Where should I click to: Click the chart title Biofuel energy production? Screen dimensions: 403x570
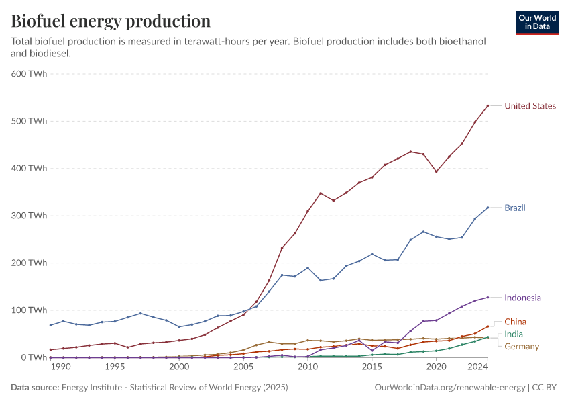pyautogui.click(x=111, y=21)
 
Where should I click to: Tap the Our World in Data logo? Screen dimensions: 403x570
pyautogui.click(x=537, y=22)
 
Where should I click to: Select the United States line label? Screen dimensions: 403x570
pyautogui.click(x=530, y=106)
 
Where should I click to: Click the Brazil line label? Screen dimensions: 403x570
pyautogui.click(x=515, y=208)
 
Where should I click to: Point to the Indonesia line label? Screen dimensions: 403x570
pyautogui.click(x=522, y=298)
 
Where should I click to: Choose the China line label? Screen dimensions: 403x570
pyautogui.click(x=515, y=322)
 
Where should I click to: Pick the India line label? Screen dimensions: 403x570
pyautogui.click(x=514, y=334)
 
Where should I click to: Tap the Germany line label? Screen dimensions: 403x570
pyautogui.click(x=521, y=346)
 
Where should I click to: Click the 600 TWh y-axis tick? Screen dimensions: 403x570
pyautogui.click(x=30, y=74)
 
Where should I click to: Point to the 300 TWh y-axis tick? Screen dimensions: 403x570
pyautogui.click(x=30, y=216)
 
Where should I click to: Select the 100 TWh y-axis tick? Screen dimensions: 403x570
pyautogui.click(x=30, y=310)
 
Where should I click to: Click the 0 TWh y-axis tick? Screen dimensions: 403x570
pyautogui.click(x=34, y=357)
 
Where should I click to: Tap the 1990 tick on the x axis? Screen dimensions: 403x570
pyautogui.click(x=60, y=367)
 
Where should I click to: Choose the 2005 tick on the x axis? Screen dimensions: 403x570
pyautogui.click(x=243, y=367)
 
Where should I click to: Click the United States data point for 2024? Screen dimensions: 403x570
pyautogui.click(x=488, y=105)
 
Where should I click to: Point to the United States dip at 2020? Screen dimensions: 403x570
pyautogui.click(x=437, y=171)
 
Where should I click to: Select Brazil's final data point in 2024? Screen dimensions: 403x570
pyautogui.click(x=488, y=207)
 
